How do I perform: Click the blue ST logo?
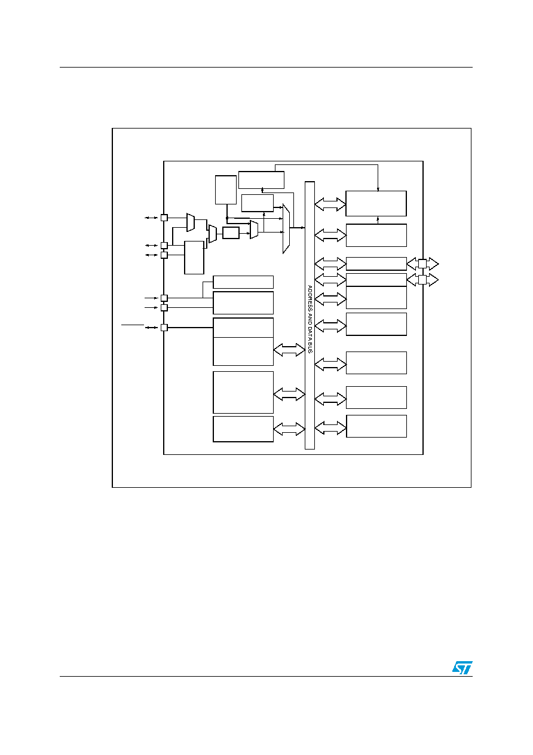462,668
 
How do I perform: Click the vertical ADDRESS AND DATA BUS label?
310,319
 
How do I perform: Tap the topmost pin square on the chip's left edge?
164,218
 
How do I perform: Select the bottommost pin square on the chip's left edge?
164,328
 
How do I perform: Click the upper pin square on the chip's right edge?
422,264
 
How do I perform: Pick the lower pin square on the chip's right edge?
422,280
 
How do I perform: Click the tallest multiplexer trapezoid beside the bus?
286,228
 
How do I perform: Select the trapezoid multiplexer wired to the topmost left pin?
191,222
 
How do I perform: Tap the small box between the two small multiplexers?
231,233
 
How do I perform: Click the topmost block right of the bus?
376,204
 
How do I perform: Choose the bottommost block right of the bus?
376,426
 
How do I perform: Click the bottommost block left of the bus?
243,429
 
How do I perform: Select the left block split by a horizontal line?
243,342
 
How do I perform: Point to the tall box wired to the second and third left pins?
194,258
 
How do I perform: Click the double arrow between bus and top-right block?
330,204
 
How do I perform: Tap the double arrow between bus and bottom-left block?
289,429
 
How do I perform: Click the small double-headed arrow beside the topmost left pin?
151,218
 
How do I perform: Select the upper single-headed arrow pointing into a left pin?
151,298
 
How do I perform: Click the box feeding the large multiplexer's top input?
258,203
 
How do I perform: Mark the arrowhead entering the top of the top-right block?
378,189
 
